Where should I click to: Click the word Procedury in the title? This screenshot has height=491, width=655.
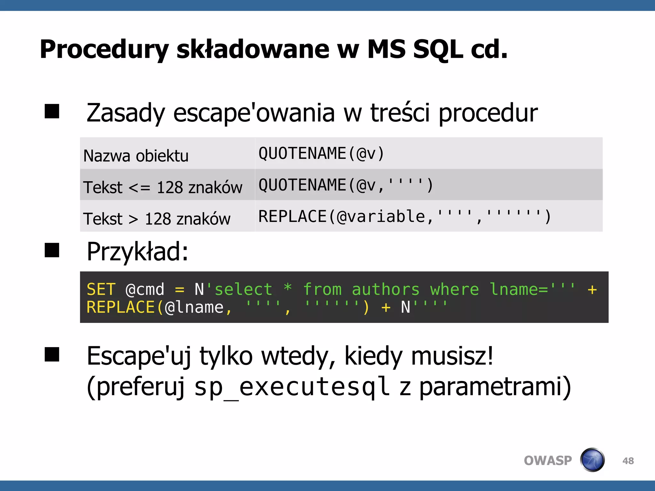(104, 50)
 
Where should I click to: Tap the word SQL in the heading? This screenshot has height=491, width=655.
(438, 50)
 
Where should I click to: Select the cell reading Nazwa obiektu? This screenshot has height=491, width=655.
(136, 156)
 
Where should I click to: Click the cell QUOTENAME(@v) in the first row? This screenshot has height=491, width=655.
(321, 153)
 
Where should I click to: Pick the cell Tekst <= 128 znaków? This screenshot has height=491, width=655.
(162, 187)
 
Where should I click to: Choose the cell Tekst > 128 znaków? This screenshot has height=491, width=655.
(157, 219)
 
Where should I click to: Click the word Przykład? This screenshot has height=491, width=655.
(138, 252)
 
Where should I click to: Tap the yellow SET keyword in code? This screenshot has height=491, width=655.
(101, 290)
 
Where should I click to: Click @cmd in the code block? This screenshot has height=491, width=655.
(145, 290)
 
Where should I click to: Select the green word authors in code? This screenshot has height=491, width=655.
(385, 290)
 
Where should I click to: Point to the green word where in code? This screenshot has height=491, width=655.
(454, 290)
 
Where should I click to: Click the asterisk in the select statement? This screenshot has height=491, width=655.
(288, 288)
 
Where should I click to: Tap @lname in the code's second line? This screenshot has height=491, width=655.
(194, 308)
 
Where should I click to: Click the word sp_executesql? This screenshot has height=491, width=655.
(292, 387)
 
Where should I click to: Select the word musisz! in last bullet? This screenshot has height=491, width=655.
(452, 356)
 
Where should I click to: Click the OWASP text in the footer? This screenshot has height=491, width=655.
(548, 461)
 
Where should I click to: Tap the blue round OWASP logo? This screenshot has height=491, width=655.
(592, 460)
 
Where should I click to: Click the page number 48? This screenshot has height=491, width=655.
(628, 461)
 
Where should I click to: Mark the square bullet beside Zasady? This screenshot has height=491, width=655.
(52, 112)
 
